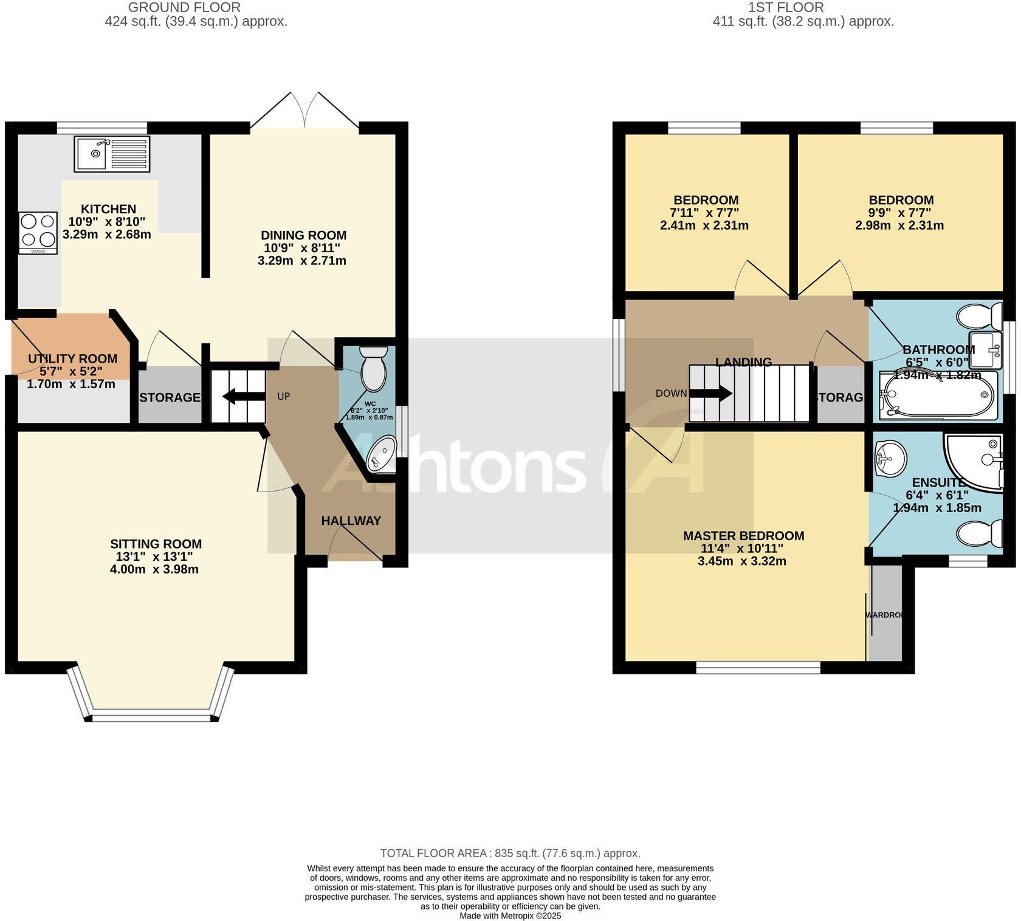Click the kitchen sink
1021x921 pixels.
coord(112,154)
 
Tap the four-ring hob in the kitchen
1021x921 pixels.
coord(38,233)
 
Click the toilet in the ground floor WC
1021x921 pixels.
coord(373,368)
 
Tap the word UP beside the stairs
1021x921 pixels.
coord(283,396)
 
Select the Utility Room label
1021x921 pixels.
coord(72,358)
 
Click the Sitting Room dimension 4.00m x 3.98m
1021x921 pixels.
coord(157,569)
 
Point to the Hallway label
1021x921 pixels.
coord(351,521)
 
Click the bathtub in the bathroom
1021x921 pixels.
coord(938,395)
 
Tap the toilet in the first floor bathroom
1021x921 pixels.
coord(978,316)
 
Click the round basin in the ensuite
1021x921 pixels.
coord(890,459)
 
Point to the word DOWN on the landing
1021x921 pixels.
coord(671,393)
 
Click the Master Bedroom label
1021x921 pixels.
coord(743,535)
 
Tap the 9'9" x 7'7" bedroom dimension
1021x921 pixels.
coord(901,213)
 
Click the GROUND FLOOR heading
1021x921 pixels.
coord(184,7)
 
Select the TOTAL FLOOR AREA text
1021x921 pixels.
coord(510,853)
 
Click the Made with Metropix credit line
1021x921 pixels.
coord(510,916)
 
